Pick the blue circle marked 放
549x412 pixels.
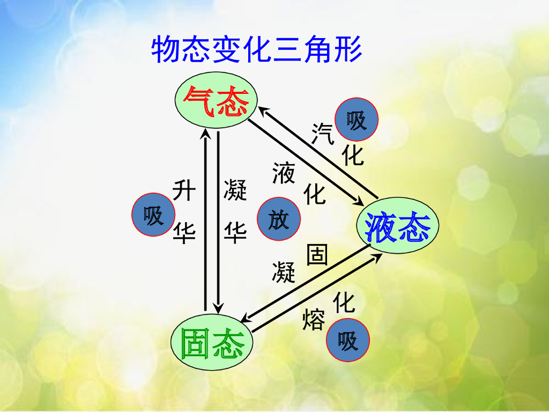278,219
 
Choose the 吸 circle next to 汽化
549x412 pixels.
357,119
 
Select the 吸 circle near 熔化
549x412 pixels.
348,340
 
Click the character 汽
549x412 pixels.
323,133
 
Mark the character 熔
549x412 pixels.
313,319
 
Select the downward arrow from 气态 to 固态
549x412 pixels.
218,220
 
